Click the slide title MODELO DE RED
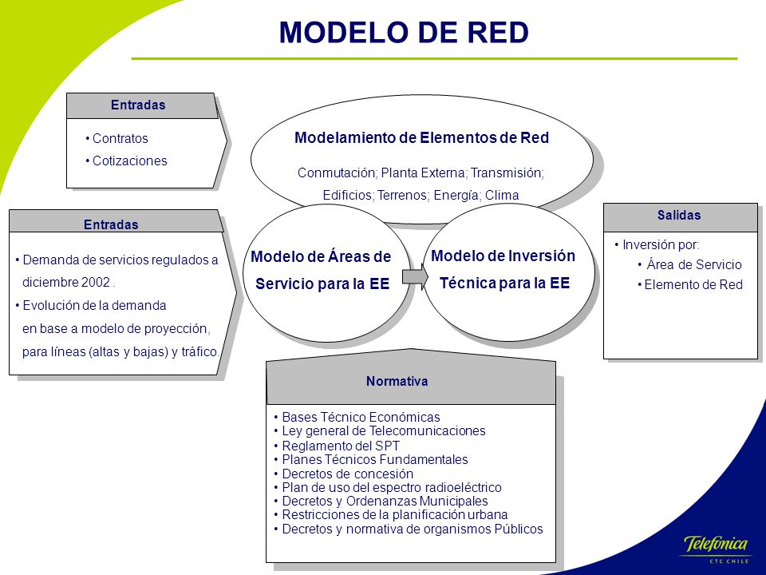pos(404,32)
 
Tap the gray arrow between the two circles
pos(415,277)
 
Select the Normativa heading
pos(397,381)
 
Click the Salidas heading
pos(678,215)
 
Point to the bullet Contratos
pos(116,138)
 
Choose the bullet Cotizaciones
pos(126,161)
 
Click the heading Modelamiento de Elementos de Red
pos(421,138)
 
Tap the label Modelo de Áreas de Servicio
pos(322,270)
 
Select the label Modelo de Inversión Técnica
pos(503,269)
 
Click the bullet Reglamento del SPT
pos(337,446)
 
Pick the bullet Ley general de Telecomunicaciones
pos(380,430)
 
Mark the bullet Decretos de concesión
pos(344,474)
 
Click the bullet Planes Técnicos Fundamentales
pos(371,460)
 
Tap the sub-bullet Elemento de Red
pos(690,284)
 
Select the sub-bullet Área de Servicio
pos(689,264)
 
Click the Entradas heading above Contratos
pos(138,105)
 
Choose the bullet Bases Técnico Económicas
pos(357,417)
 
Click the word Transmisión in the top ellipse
pos(507,172)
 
